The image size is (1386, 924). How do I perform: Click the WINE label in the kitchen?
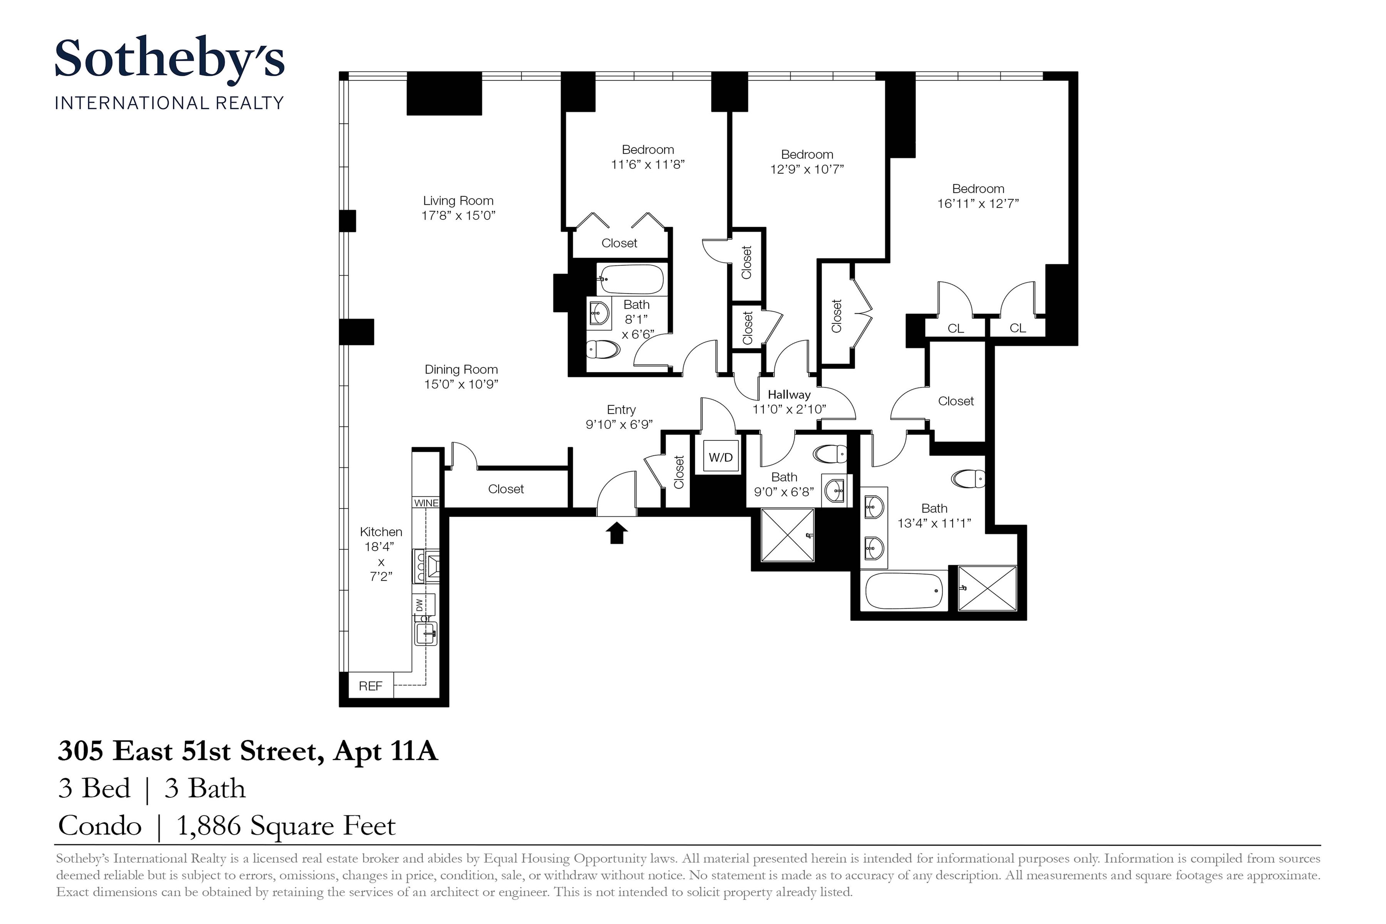[426, 503]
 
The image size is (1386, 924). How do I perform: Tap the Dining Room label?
[461, 370]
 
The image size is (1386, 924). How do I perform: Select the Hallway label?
[788, 395]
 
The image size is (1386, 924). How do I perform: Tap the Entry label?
[621, 410]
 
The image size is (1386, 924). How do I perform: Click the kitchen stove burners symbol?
[421, 566]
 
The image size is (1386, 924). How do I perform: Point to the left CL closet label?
[955, 329]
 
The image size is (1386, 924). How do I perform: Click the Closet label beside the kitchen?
[506, 489]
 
